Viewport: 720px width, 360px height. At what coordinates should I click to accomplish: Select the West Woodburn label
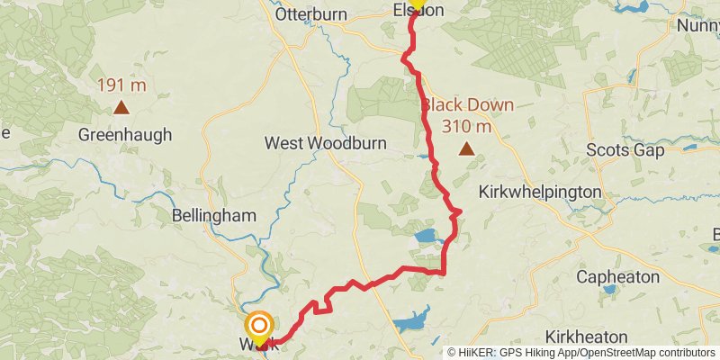(314, 143)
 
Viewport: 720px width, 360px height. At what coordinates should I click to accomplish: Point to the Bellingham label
(214, 216)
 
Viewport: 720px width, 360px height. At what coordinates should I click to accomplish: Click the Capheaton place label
(618, 277)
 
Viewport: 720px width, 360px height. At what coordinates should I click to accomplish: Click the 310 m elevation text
(466, 126)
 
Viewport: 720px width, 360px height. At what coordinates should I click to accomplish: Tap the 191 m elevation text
(120, 86)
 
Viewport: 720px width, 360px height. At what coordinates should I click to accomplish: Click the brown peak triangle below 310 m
(466, 149)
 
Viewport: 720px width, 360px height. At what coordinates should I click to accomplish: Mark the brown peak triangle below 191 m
(120, 109)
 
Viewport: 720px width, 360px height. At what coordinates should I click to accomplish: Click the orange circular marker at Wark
(259, 326)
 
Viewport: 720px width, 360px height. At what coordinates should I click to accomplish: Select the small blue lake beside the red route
(426, 238)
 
